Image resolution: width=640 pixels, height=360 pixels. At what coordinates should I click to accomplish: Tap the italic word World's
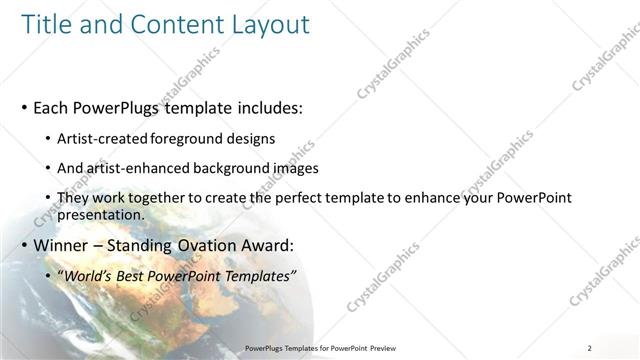[x=91, y=275]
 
